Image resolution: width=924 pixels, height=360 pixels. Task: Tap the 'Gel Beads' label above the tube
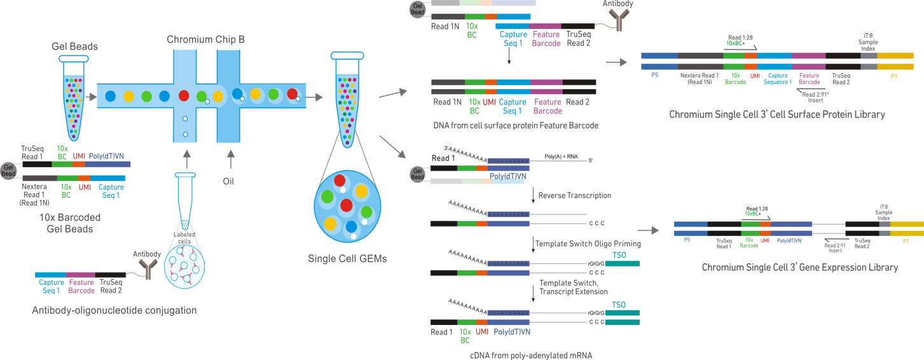coord(76,47)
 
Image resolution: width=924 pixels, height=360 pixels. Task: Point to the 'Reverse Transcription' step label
coord(574,195)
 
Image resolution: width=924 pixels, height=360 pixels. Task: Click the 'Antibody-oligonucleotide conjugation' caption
coord(114,310)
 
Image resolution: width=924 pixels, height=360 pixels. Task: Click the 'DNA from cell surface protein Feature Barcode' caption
coord(515,125)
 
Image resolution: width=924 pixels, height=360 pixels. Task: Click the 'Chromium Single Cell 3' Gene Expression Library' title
coord(799,267)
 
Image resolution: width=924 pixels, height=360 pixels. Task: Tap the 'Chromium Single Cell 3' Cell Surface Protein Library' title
coord(777,114)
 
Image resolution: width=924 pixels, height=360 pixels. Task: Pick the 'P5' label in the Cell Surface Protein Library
coord(654,74)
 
